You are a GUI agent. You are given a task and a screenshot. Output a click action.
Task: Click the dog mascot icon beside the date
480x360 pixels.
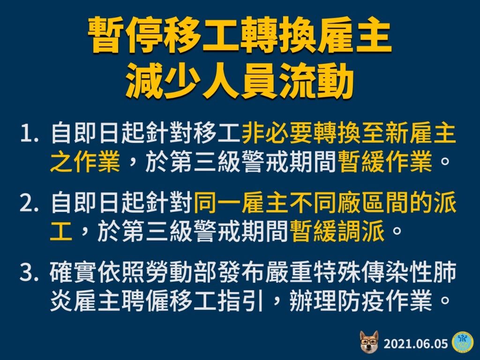click(369, 341)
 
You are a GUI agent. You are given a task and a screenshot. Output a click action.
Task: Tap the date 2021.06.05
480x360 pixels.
click(416, 344)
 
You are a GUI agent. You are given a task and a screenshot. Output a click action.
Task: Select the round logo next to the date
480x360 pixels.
click(463, 342)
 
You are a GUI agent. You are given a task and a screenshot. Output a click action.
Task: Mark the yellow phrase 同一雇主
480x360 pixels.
click(240, 202)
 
